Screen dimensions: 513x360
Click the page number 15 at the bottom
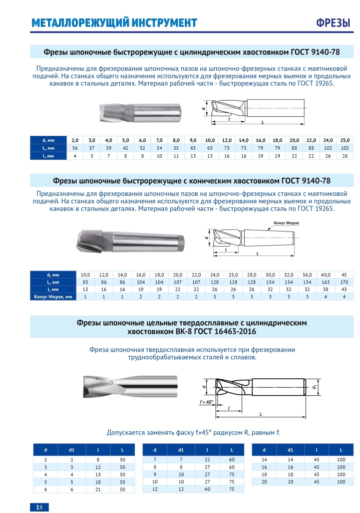(39, 507)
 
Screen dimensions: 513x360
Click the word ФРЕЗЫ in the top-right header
(333, 23)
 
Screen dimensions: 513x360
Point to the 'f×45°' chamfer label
(205, 402)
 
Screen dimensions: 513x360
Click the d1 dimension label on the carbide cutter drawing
(312, 387)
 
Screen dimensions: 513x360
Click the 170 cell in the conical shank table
(344, 282)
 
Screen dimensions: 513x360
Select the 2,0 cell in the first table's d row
(75, 140)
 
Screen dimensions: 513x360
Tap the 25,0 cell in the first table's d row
(344, 140)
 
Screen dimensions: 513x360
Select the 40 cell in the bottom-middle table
(206, 489)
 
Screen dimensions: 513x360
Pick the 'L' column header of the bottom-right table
(340, 449)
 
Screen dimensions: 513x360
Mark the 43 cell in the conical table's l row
(344, 289)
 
